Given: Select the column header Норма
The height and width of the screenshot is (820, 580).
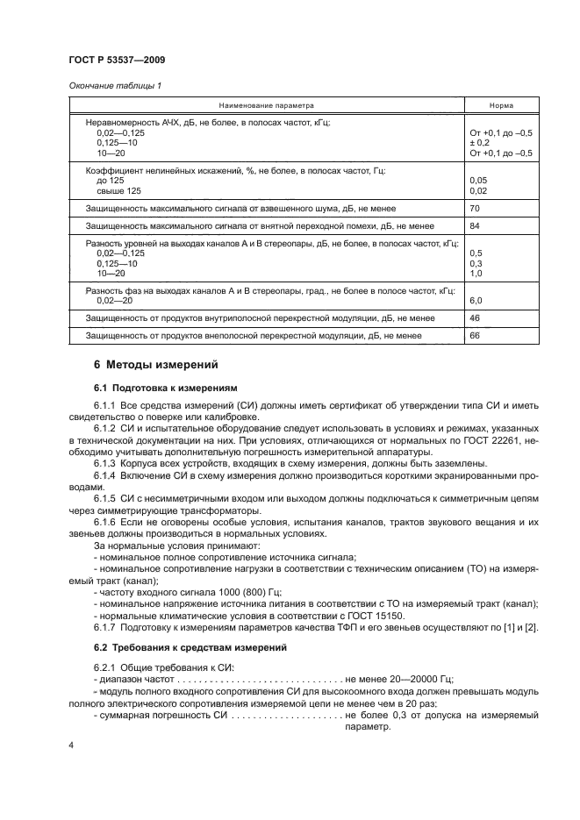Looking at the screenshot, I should (x=502, y=104).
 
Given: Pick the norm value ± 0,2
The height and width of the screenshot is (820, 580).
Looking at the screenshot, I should (x=482, y=142).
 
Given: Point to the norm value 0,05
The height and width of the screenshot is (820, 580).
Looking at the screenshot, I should (x=479, y=180).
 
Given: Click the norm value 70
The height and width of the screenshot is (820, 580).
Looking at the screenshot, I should (x=476, y=210).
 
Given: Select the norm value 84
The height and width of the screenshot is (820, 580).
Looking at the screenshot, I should (x=476, y=226).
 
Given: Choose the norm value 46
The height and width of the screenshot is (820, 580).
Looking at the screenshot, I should (x=476, y=317).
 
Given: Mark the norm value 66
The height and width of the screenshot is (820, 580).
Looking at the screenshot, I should (x=476, y=335).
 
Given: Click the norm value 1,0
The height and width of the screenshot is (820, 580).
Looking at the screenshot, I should (x=477, y=274).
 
